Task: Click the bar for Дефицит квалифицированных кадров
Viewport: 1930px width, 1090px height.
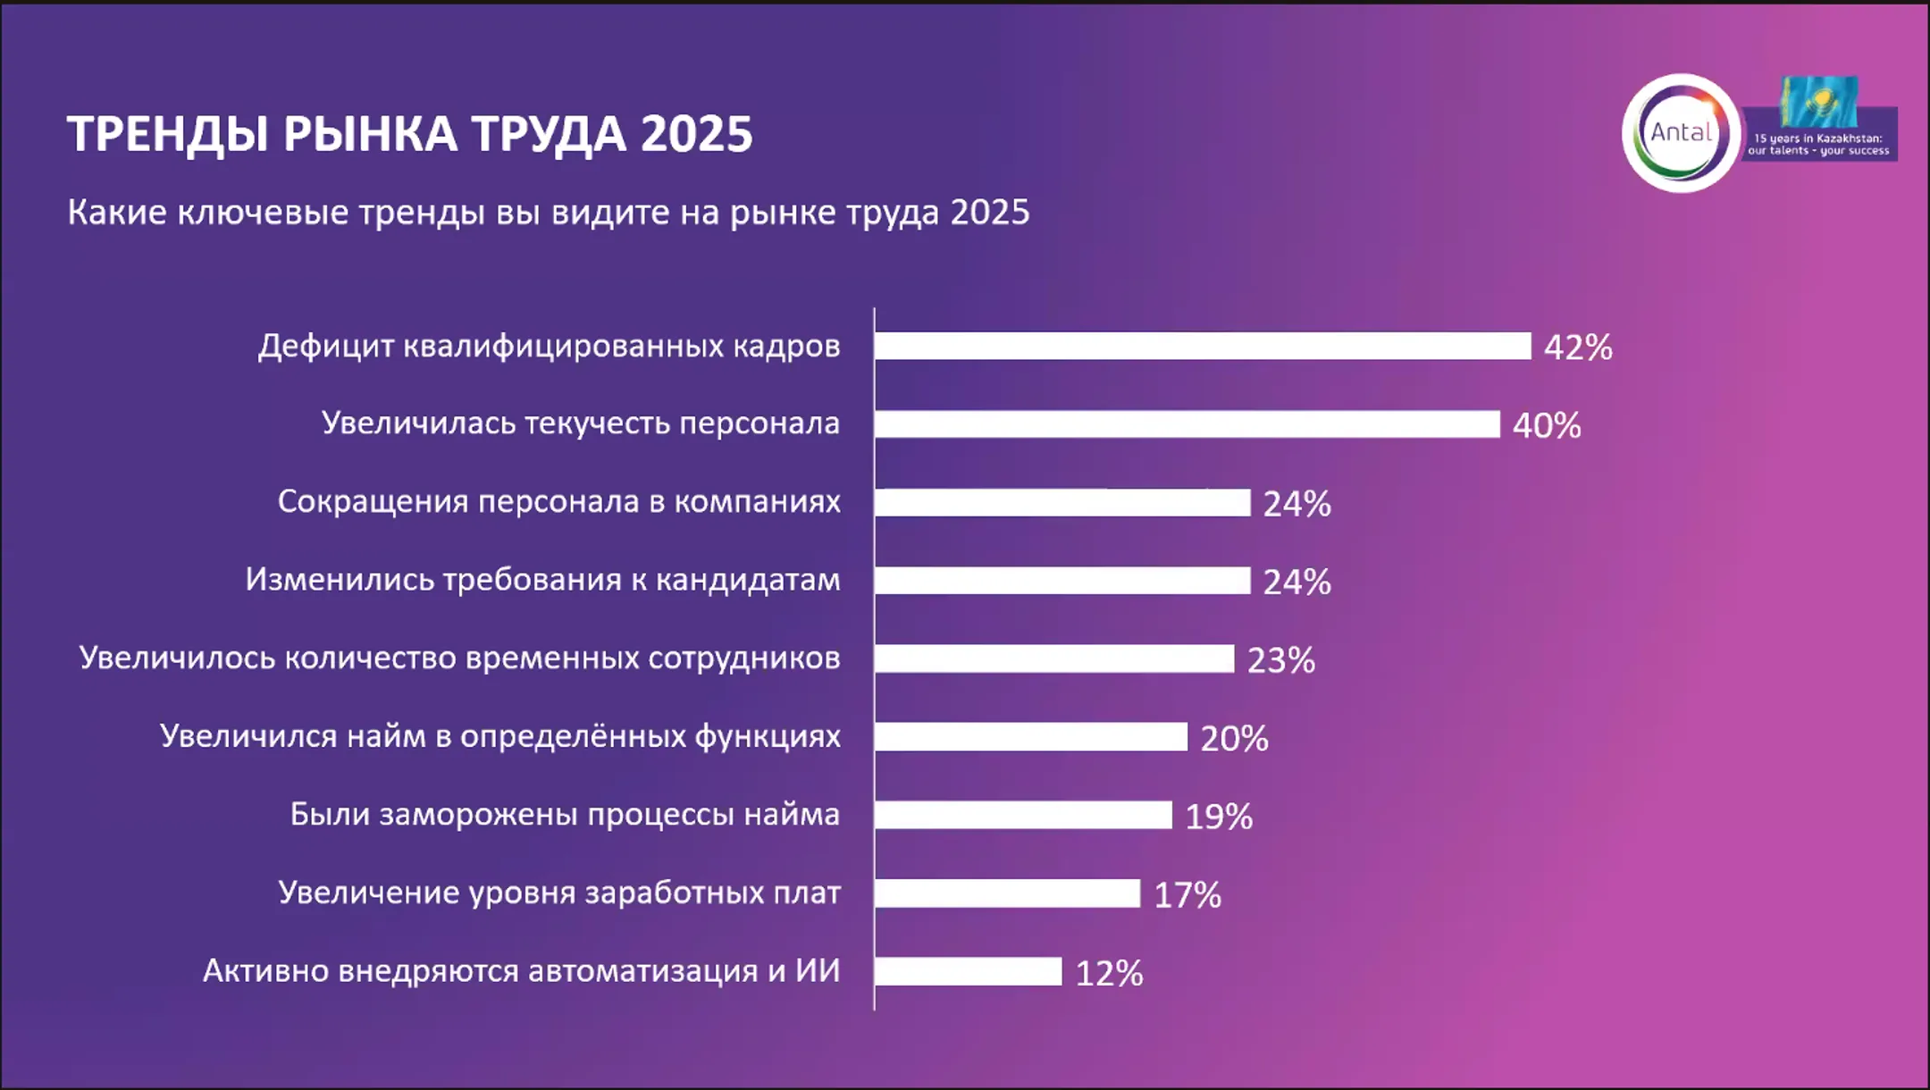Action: (x=1202, y=346)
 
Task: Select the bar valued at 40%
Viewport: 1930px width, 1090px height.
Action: (x=1187, y=424)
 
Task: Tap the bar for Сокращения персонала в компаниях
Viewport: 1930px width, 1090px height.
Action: (x=1061, y=502)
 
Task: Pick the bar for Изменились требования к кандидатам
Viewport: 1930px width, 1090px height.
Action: (x=1061, y=581)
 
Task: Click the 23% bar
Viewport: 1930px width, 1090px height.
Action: (x=1053, y=658)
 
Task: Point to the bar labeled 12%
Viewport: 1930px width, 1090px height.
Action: (x=968, y=971)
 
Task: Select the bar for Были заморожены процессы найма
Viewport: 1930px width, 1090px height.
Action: (x=1022, y=815)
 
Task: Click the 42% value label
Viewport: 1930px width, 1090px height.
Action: (x=1578, y=348)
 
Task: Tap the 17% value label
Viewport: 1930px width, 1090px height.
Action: (x=1187, y=894)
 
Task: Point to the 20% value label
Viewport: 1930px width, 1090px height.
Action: (x=1234, y=739)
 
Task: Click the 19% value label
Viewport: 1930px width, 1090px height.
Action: (x=1219, y=817)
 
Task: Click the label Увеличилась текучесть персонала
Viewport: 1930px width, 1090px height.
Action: (x=580, y=423)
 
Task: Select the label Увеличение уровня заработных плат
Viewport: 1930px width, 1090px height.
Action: (x=558, y=892)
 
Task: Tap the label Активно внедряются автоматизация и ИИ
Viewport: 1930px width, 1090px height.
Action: (x=521, y=970)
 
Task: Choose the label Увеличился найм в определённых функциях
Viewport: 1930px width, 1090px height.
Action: (x=499, y=736)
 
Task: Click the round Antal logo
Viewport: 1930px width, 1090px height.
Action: (x=1681, y=133)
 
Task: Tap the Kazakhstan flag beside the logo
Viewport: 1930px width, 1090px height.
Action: (x=1818, y=101)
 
